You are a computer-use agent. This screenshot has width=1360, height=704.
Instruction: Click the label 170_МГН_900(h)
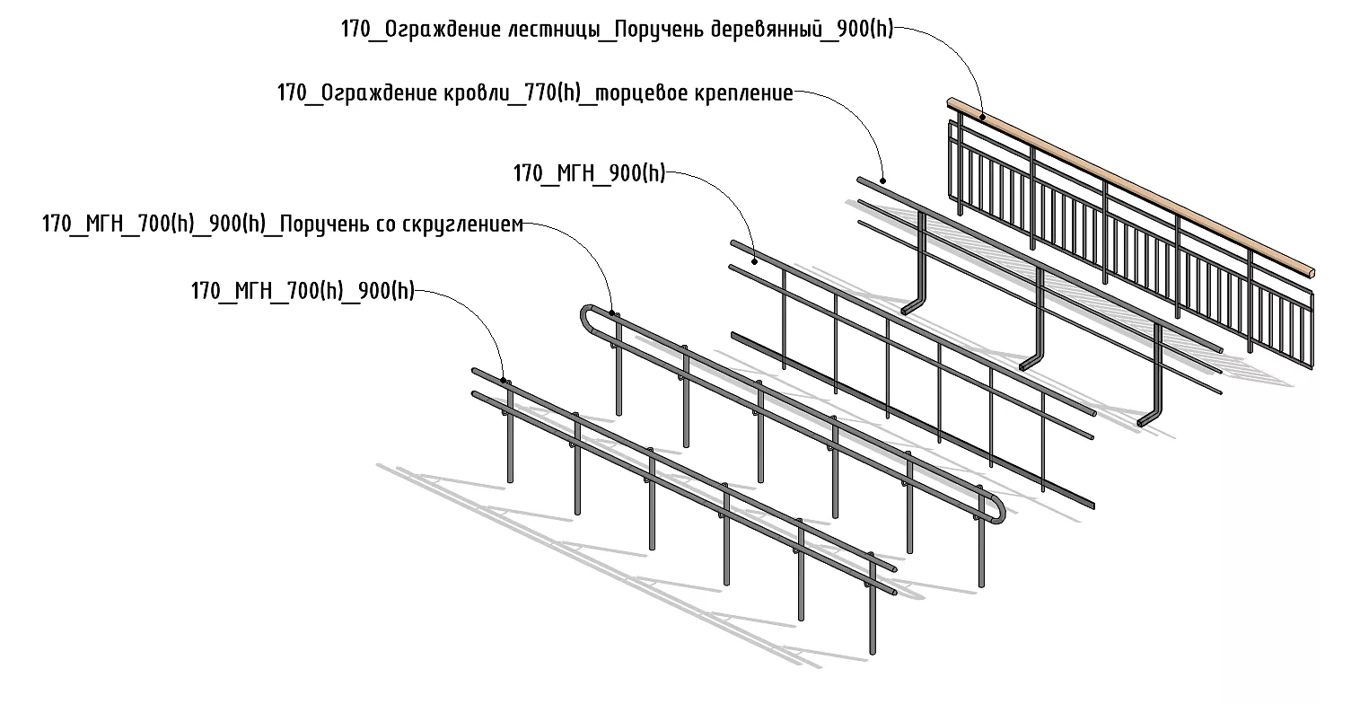click(589, 173)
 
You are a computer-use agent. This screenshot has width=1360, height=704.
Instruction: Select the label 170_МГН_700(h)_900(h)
click(303, 292)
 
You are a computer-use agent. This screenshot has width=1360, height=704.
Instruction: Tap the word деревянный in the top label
click(764, 29)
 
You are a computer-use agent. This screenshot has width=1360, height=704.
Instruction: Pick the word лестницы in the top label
click(551, 29)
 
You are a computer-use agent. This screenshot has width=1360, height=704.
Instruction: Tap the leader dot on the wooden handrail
click(983, 117)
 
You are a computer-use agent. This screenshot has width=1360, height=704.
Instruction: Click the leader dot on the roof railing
click(883, 180)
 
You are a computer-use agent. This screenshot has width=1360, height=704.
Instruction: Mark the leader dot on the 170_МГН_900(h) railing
click(755, 261)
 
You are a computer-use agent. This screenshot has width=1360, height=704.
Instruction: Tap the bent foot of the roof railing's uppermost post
click(912, 307)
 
